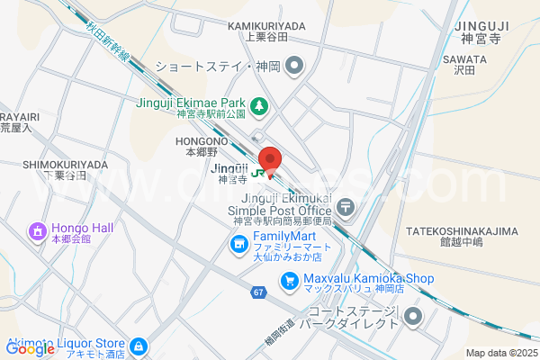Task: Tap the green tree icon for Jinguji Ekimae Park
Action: pyautogui.click(x=259, y=107)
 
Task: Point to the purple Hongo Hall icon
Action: pyautogui.click(x=38, y=231)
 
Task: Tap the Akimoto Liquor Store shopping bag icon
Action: pyautogui.click(x=138, y=346)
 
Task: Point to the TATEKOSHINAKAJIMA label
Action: pyautogui.click(x=464, y=231)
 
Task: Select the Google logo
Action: pyautogui.click(x=31, y=350)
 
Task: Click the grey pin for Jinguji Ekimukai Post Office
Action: pyautogui.click(x=347, y=207)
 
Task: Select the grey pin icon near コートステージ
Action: pyautogui.click(x=413, y=315)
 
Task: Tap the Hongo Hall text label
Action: pyautogui.click(x=82, y=228)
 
